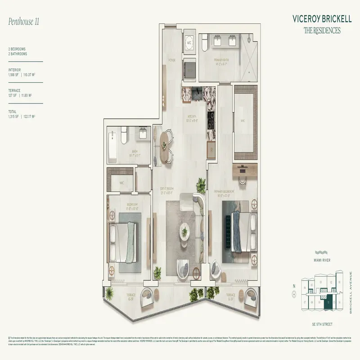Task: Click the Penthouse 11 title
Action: coord(24,21)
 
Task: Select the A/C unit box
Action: coord(189,43)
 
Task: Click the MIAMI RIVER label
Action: coord(323,260)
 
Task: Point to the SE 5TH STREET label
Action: coord(322,324)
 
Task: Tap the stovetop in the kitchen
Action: coord(211,117)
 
